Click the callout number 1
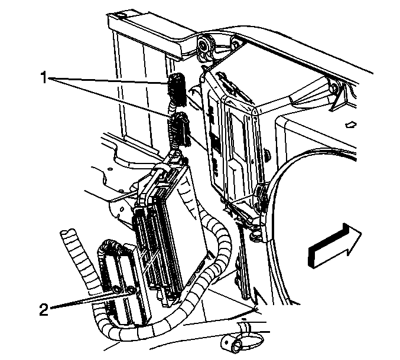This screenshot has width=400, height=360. (44, 77)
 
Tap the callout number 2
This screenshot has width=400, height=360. (44, 310)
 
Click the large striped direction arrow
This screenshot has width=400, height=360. (335, 246)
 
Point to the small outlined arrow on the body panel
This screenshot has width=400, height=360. (351, 125)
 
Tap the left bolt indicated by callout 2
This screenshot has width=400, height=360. (117, 289)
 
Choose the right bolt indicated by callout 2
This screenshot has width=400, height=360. (131, 290)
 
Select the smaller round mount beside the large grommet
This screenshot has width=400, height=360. (235, 43)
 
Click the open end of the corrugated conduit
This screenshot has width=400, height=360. (67, 234)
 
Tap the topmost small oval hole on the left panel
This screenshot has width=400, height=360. (110, 169)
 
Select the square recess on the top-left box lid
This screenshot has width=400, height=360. (120, 16)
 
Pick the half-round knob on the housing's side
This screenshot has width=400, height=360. (267, 155)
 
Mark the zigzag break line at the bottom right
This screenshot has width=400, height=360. (258, 299)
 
